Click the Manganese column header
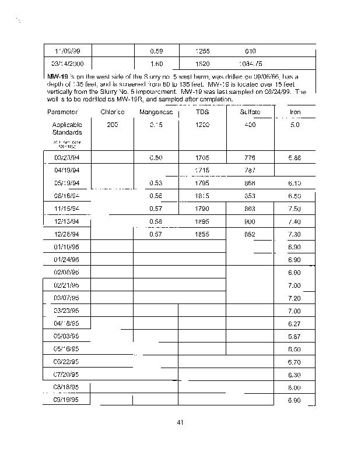pos(156,112)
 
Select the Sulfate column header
pos(250,112)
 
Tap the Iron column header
pos(295,112)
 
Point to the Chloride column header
pos(113,112)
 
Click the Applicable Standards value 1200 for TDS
pos(202,125)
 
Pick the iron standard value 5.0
pos(295,125)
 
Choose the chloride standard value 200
pos(113,125)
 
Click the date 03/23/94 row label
pos(67,157)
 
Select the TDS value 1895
pos(202,221)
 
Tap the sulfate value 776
pos(250,157)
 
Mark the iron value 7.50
pos(295,209)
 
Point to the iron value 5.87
pos(295,337)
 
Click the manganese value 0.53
pos(156,183)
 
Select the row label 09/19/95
pos(67,400)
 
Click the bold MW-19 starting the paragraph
pos(57,76)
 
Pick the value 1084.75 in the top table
pos(250,63)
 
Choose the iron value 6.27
pos(295,324)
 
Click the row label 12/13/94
pos(67,221)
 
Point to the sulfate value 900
pos(250,221)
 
